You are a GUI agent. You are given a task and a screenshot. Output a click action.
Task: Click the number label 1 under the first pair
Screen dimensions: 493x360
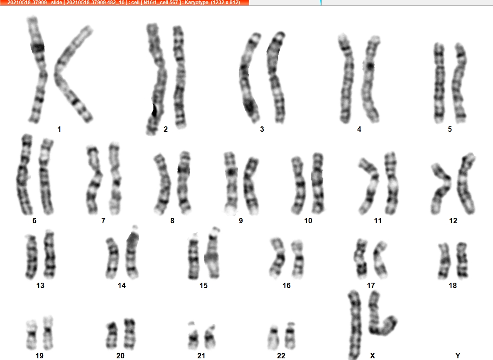(x=59, y=129)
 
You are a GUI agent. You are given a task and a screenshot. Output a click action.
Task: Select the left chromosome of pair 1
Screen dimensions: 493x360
(x=38, y=69)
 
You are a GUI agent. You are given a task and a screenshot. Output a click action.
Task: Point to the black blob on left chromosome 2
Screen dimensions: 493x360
(x=154, y=110)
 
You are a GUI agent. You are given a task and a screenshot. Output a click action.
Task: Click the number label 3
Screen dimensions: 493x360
(x=262, y=129)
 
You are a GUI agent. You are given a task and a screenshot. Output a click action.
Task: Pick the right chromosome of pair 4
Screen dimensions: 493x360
(x=371, y=79)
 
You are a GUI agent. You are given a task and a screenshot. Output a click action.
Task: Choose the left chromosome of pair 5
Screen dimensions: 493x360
(x=439, y=84)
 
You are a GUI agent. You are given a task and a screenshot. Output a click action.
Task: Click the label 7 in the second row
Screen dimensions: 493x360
(x=103, y=221)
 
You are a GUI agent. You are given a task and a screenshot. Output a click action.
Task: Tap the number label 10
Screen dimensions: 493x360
(x=308, y=221)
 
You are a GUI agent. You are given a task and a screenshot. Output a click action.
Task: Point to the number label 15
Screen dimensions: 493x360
(x=204, y=286)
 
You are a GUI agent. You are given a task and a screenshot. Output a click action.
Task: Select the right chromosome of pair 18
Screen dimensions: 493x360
(x=462, y=260)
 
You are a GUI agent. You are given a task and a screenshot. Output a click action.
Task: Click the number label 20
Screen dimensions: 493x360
(x=120, y=355)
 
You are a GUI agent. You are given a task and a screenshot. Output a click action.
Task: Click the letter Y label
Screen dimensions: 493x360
(x=458, y=355)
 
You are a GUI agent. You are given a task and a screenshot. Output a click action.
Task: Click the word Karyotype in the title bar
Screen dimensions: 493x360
(x=197, y=2)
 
